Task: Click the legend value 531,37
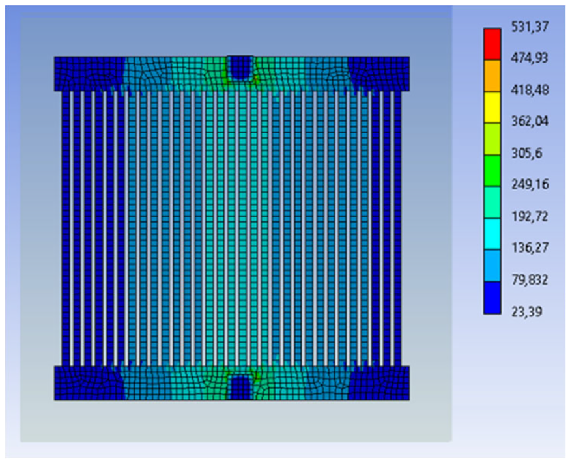[x=529, y=27]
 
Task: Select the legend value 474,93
[x=529, y=58]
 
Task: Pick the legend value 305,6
[x=527, y=153]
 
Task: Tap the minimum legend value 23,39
[x=527, y=311]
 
